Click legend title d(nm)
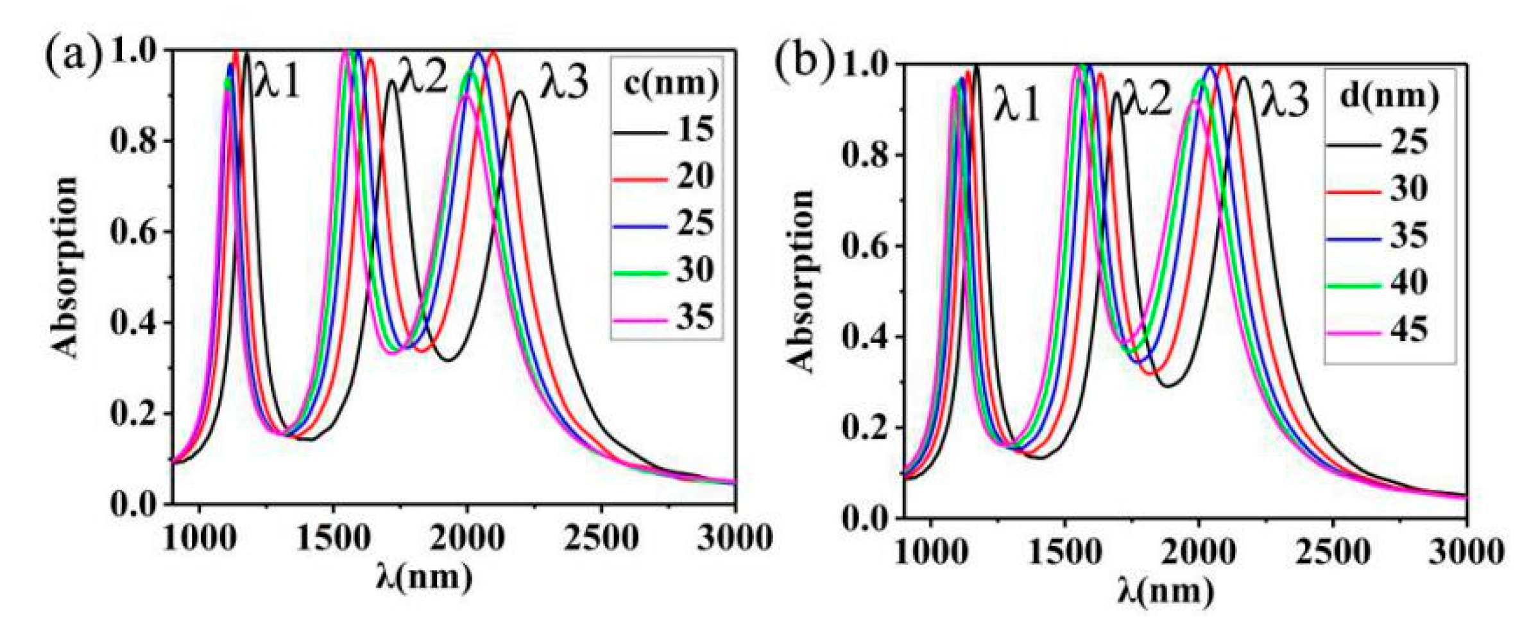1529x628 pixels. pos(1389,96)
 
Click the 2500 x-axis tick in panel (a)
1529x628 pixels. pos(601,538)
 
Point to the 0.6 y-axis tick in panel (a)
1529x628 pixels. pos(133,232)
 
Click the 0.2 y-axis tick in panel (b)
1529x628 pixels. pos(865,429)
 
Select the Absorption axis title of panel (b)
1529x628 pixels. pos(800,281)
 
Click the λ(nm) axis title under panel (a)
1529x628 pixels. pos(424,577)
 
